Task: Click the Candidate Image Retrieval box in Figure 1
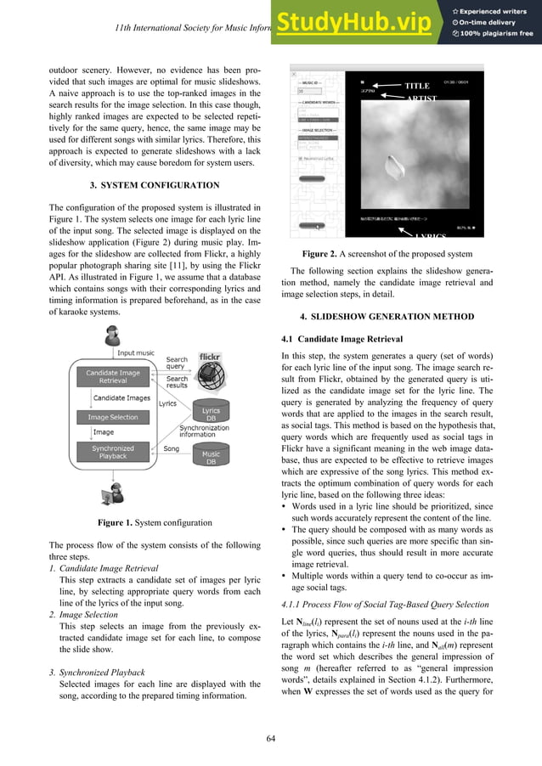(x=112, y=375)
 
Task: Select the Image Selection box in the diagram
(x=112, y=417)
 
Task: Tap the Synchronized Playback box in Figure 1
(x=112, y=453)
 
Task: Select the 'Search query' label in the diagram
(x=177, y=363)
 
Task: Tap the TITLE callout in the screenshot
(x=416, y=86)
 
